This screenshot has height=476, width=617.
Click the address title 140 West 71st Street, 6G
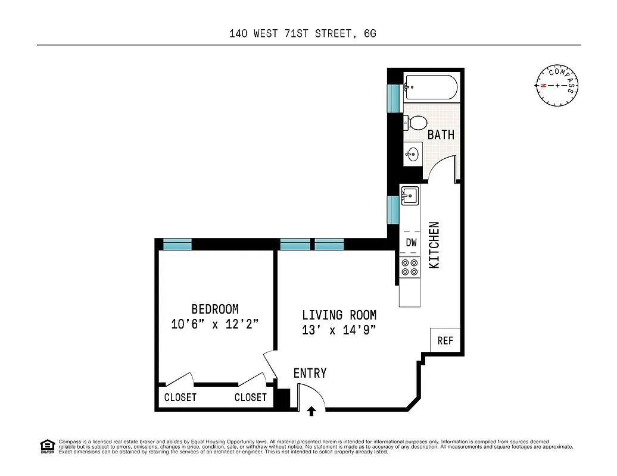click(303, 34)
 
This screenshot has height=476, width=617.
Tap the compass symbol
click(557, 86)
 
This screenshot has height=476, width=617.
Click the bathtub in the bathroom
click(430, 87)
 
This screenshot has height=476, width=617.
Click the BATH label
click(441, 135)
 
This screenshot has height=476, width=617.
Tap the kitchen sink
click(410, 195)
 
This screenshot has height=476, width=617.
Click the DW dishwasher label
click(411, 243)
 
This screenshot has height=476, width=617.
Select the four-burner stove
click(410, 268)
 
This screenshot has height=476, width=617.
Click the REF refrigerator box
click(445, 340)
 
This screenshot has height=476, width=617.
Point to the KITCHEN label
click(435, 245)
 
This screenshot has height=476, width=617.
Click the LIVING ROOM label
click(339, 315)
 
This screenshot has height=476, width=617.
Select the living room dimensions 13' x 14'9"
click(339, 330)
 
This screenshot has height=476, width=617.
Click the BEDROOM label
click(214, 309)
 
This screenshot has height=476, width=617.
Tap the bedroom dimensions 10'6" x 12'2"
click(214, 324)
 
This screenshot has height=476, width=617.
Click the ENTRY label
click(310, 374)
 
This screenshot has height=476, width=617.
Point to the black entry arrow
click(311, 410)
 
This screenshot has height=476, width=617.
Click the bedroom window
click(177, 244)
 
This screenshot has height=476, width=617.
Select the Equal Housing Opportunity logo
click(46, 446)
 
